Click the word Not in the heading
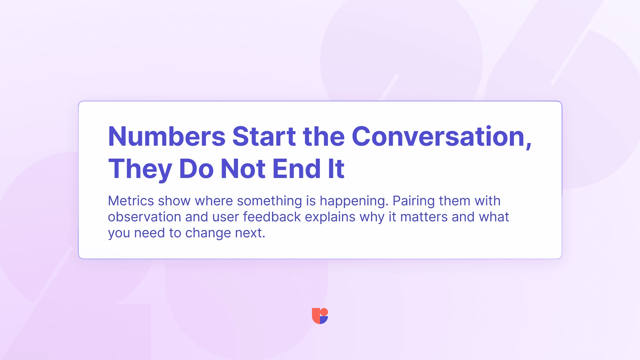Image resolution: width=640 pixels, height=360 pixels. tap(243, 169)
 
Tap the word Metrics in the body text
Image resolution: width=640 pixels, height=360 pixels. tap(131, 201)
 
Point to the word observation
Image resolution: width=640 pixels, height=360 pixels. tap(145, 217)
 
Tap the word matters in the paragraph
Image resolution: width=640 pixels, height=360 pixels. tap(424, 217)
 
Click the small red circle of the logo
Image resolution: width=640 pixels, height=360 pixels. tap(324, 312)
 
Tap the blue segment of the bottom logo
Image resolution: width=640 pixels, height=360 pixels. tap(324, 320)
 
